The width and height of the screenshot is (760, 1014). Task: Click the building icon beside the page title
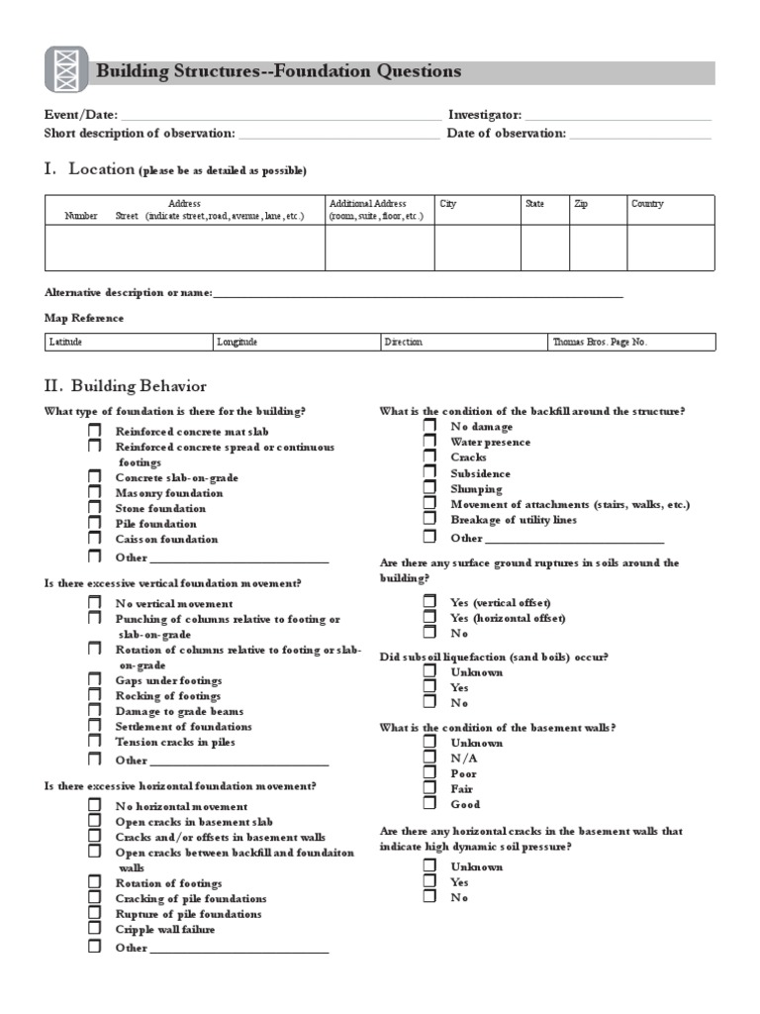pos(66,70)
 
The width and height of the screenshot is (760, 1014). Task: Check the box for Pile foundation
pos(94,523)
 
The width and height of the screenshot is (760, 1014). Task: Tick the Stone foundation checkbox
pos(94,508)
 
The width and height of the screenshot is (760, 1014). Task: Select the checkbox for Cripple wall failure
pos(94,929)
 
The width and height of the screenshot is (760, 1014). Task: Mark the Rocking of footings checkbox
pos(94,695)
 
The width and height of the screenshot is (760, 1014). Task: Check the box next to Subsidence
pos(429,472)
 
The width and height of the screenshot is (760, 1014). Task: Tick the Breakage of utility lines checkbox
pos(429,519)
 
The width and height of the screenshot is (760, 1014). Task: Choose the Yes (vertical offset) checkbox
pos(429,601)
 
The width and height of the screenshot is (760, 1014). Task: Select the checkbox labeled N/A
pos(429,758)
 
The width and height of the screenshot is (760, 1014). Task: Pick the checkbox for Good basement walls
pos(429,804)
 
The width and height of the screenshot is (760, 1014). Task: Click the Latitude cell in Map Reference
pos(129,342)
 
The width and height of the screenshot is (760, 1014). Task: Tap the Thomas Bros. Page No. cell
pos(630,342)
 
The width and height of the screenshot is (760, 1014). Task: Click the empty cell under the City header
pos(477,248)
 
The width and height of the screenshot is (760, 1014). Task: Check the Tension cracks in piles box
pos(94,741)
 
